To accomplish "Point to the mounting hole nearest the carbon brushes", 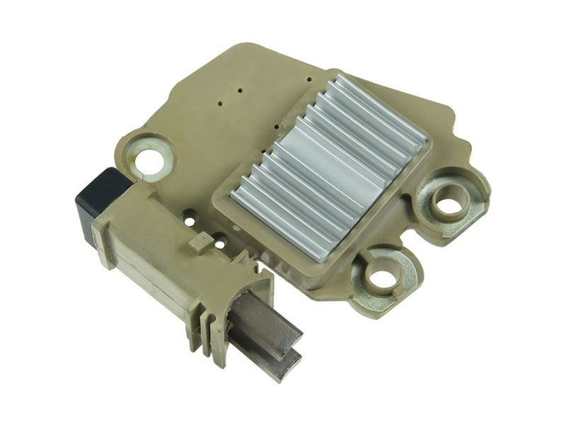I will pos(382,277).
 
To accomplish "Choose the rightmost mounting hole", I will pos(446,204).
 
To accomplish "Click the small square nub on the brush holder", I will pos(200,242).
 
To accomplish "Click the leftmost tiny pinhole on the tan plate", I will pos(221,104).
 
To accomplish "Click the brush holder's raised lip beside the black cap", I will pos(113,216).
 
